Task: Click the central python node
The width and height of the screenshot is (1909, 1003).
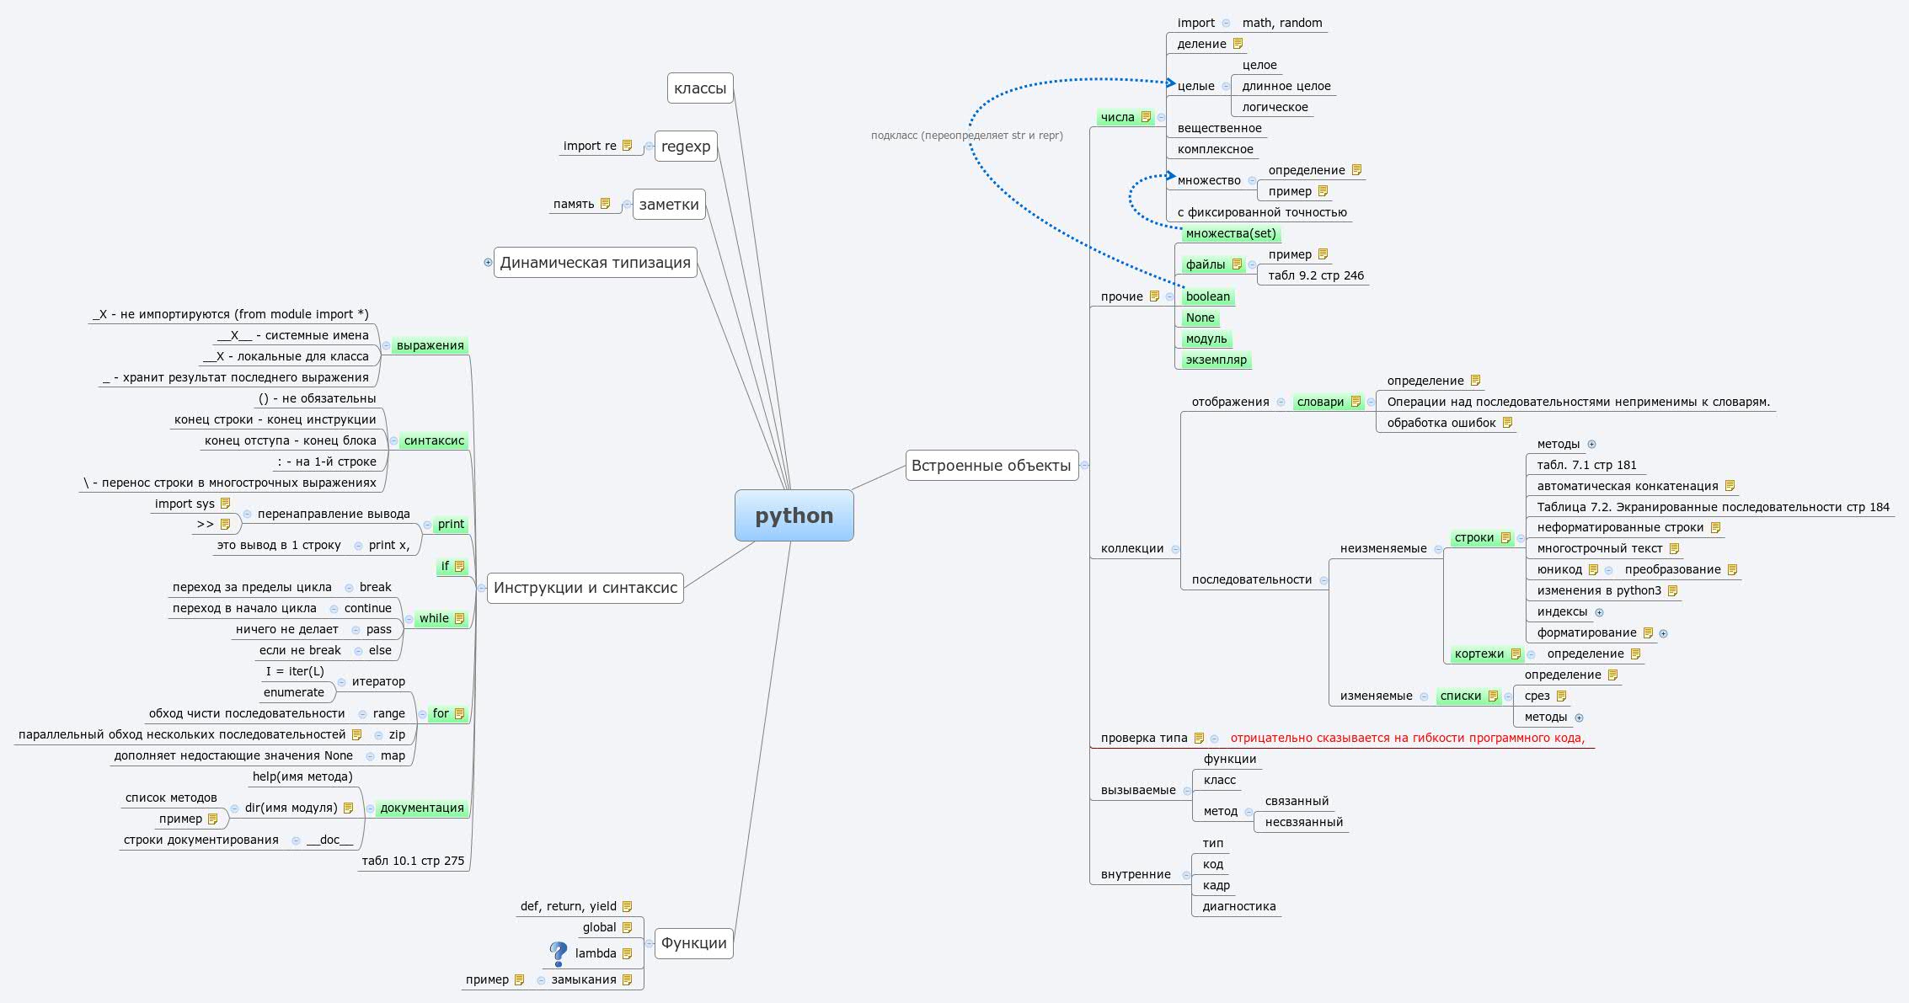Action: (794, 515)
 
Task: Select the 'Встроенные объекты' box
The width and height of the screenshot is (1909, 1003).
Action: (992, 465)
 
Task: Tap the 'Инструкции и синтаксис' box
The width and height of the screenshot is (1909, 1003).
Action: (585, 587)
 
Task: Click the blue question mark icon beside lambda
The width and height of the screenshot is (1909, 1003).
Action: (558, 953)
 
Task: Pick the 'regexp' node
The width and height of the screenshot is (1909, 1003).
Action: (686, 146)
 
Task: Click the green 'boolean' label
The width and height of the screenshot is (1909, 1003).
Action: (1207, 296)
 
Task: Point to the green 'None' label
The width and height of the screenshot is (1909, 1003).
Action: (1200, 317)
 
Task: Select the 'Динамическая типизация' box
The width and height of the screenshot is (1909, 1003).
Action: (595, 262)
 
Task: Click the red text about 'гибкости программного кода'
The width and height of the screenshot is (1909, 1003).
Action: (1407, 738)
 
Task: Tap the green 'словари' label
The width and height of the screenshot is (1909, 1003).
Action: (1320, 402)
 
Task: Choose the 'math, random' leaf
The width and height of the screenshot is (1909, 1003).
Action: (1281, 23)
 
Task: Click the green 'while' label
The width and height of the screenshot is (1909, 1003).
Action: (434, 618)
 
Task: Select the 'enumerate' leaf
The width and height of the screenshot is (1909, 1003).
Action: (293, 692)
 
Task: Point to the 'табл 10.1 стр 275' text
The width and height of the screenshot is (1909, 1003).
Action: (413, 861)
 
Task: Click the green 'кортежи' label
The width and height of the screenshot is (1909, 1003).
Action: (1479, 654)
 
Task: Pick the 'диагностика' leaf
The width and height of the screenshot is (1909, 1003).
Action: (1238, 906)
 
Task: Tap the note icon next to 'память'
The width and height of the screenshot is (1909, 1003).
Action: (605, 204)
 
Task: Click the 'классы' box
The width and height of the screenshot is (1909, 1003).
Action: (699, 88)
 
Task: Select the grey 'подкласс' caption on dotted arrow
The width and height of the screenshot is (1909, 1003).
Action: (966, 135)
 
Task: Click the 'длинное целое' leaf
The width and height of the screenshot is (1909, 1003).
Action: (1286, 86)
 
